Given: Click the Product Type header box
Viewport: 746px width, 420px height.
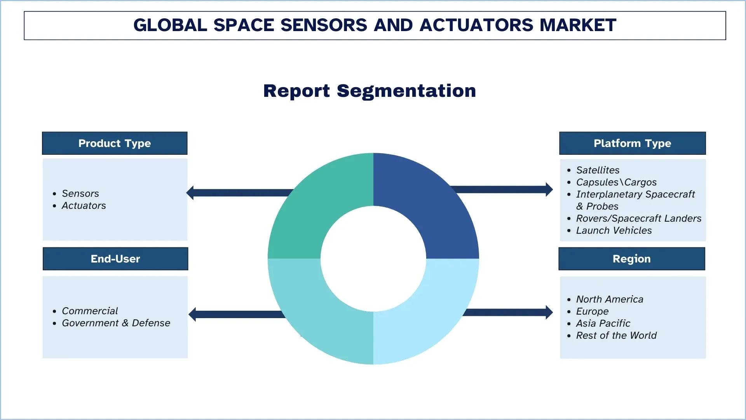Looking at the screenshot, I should tap(115, 143).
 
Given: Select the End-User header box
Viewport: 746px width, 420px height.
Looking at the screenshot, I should tap(115, 259).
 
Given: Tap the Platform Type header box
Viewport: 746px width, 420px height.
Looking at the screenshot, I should tap(632, 143).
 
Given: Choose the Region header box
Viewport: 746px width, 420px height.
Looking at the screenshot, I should tap(631, 259).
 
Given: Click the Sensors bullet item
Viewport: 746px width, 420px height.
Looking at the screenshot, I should tap(80, 193).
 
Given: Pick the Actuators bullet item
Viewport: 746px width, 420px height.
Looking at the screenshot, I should tap(84, 205).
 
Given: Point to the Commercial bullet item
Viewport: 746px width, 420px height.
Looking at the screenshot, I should tap(90, 311).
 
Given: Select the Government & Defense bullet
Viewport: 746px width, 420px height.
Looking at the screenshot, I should tap(116, 323).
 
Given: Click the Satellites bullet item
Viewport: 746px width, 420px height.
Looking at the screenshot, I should tap(598, 170).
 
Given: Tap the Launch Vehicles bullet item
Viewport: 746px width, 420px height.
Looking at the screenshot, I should tap(614, 230).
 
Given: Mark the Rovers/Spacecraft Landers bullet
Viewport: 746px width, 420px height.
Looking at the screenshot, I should tap(638, 218).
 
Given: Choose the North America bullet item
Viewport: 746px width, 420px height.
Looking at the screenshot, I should tap(610, 299).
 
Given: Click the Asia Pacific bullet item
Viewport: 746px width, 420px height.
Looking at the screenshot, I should tap(603, 323).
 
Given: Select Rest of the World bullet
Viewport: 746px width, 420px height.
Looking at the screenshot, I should tap(616, 335).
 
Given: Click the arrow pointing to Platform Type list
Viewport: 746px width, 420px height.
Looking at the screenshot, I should tap(505, 189).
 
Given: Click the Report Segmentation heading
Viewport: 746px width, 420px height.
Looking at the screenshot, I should tap(370, 91).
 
